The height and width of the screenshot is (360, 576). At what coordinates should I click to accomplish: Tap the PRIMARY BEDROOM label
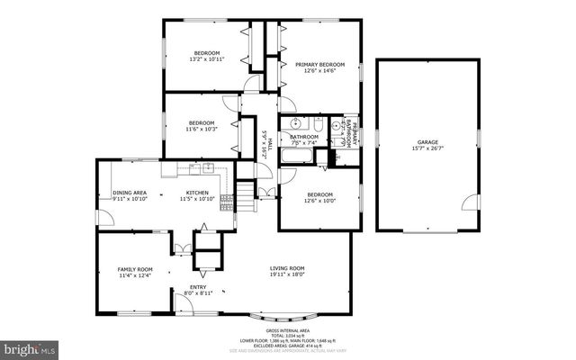[x=319, y=64]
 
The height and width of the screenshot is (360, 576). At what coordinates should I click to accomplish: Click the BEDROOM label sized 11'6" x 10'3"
[x=202, y=123]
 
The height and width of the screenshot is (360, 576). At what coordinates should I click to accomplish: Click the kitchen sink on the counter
[x=207, y=166]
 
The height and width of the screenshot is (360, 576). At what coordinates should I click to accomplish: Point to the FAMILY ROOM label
[x=135, y=269]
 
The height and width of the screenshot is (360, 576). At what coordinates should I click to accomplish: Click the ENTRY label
[x=198, y=287]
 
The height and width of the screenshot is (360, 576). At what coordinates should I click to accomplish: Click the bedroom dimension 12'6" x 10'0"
[x=319, y=202]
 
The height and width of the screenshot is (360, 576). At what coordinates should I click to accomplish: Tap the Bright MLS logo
[x=29, y=346]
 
